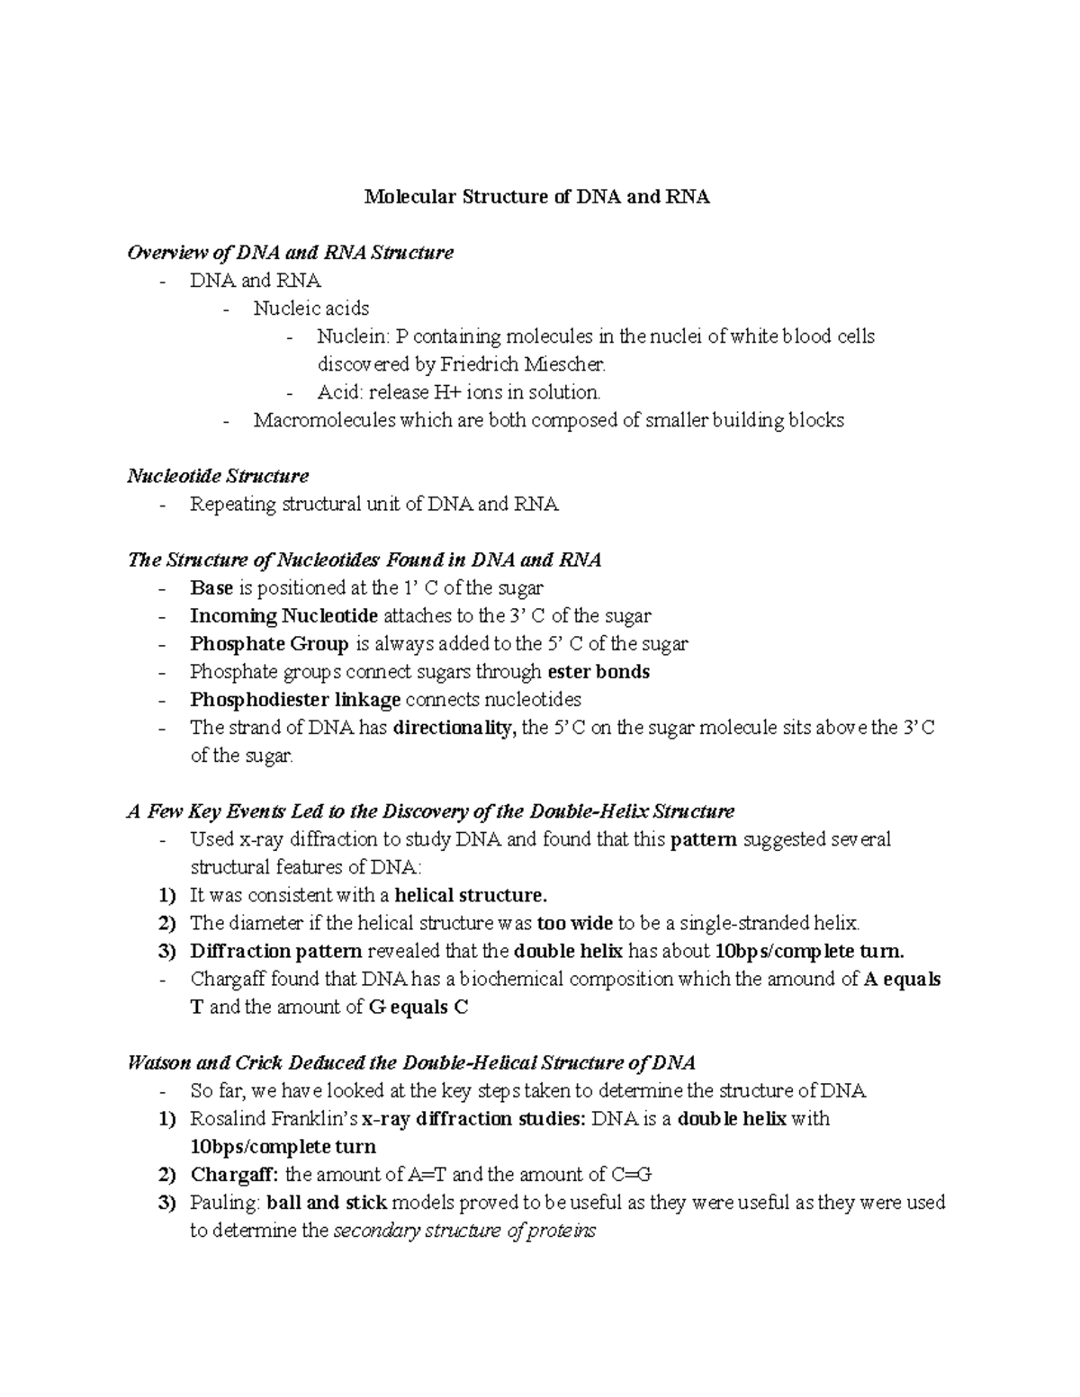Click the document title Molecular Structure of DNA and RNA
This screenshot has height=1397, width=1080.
[536, 197]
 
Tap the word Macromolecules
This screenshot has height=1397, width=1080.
[324, 420]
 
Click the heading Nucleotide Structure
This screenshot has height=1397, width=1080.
[218, 476]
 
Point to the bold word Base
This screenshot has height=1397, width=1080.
[211, 588]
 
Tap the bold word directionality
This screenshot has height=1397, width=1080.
[455, 728]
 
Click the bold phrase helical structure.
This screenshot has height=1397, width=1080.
[471, 896]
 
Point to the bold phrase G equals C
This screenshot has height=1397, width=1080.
[418, 1007]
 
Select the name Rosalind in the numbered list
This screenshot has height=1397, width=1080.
[225, 1120]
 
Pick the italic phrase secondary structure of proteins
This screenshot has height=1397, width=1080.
[464, 1231]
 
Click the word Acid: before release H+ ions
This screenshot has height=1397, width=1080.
[341, 392]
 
